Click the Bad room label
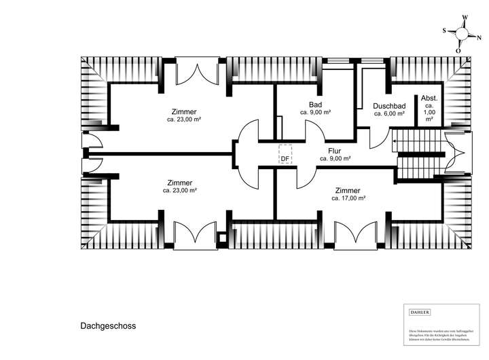[315, 105]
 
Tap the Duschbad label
[389, 106]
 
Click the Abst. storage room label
[429, 98]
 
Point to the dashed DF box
[286, 154]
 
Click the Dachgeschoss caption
[103, 325]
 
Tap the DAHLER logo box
[419, 312]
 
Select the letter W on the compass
[465, 18]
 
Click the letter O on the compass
[458, 50]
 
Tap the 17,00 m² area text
[348, 198]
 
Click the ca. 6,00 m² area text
[389, 114]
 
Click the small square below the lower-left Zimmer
[221, 237]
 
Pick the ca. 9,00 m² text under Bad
[315, 113]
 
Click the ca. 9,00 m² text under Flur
[335, 158]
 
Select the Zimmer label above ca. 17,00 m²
[348, 190]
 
